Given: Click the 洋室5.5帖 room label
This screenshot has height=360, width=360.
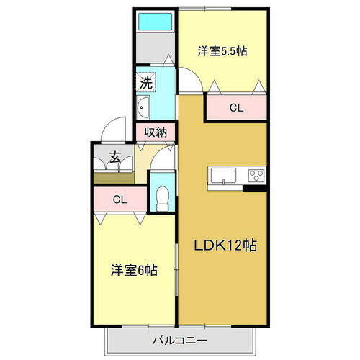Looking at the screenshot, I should click(223, 51).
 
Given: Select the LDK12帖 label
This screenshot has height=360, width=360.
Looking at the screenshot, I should click(224, 246).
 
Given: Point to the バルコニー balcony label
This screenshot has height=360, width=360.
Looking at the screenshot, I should click(179, 339).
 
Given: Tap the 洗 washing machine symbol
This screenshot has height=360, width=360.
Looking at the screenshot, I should click(146, 82).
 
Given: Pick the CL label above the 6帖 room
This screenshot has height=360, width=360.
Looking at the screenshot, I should click(120, 199).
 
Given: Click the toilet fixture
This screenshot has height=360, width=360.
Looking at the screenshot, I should click(162, 195).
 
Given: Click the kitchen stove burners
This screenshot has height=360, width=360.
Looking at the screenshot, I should click(256, 175).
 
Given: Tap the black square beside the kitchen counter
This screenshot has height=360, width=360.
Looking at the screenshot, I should click(251, 189).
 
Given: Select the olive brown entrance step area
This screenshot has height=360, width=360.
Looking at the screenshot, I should click(114, 178).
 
